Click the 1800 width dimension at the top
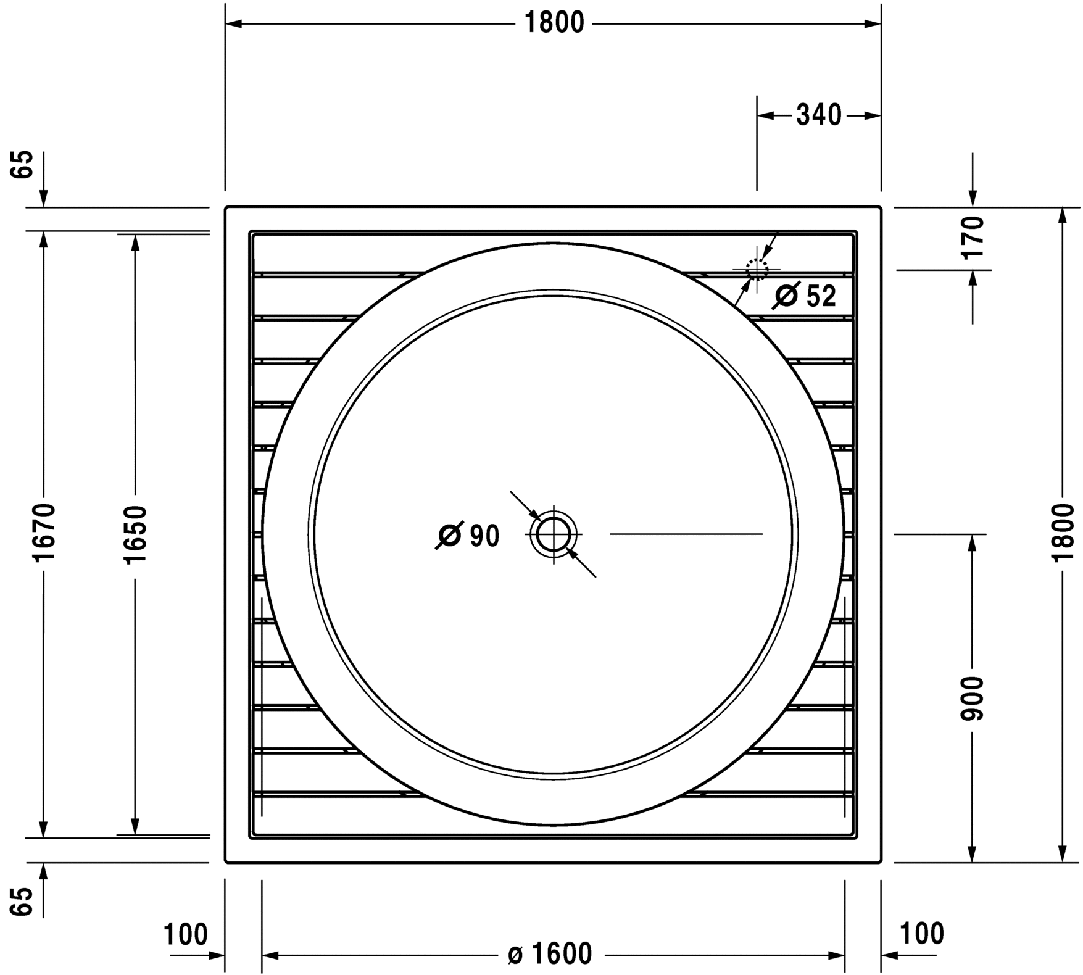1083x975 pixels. pyautogui.click(x=554, y=23)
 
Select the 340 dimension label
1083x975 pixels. pyautogui.click(x=819, y=115)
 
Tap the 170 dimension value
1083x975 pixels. pyautogui.click(x=973, y=238)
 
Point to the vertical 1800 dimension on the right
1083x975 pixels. pyautogui.click(x=1063, y=532)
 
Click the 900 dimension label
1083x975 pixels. pyautogui.click(x=973, y=698)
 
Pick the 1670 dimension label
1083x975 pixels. pyautogui.click(x=45, y=532)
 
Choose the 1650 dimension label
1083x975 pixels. pyautogui.click(x=136, y=534)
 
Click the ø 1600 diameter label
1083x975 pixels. pyautogui.click(x=550, y=954)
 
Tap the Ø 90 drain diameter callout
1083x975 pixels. pyautogui.click(x=468, y=536)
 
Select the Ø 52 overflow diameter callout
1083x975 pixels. pyautogui.click(x=804, y=296)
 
